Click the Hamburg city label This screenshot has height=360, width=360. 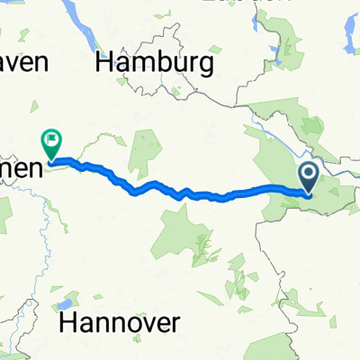(155, 63)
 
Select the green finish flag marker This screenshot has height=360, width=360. (51, 142)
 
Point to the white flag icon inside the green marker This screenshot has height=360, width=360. (51, 139)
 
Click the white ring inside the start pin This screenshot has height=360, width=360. (309, 171)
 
